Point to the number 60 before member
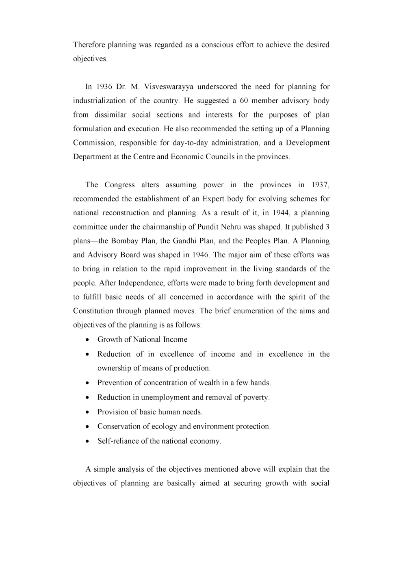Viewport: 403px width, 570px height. [x=244, y=101]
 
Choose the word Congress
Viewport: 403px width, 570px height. [x=119, y=185]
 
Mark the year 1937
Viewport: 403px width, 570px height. [x=320, y=185]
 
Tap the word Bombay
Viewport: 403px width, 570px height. [x=125, y=241]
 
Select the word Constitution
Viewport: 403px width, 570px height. [x=93, y=311]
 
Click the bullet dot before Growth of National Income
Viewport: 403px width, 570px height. [x=88, y=340]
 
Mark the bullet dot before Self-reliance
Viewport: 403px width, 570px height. [x=88, y=441]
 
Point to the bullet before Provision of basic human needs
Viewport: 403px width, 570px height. [x=88, y=412]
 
